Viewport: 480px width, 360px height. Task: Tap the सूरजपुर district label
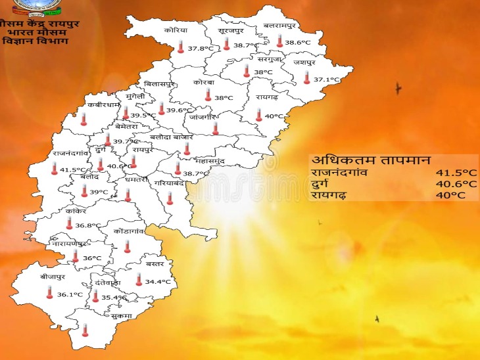tap(231, 30)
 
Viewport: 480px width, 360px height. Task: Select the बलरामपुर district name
tap(279, 25)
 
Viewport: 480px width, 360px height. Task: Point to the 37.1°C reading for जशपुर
tap(327, 79)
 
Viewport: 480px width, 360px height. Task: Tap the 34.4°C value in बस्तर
tap(158, 281)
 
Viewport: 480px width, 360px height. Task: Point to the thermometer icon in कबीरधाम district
tap(84, 119)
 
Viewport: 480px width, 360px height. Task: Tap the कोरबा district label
tap(204, 83)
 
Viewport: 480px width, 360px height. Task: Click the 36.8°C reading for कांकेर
tap(87, 225)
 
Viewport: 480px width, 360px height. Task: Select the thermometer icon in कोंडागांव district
tap(128, 246)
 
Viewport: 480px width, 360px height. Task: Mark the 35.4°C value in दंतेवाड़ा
tap(113, 297)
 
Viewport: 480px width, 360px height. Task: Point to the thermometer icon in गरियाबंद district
tap(170, 198)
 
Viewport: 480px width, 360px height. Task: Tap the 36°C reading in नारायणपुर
tap(92, 258)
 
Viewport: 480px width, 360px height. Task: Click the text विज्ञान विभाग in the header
tap(34, 41)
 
